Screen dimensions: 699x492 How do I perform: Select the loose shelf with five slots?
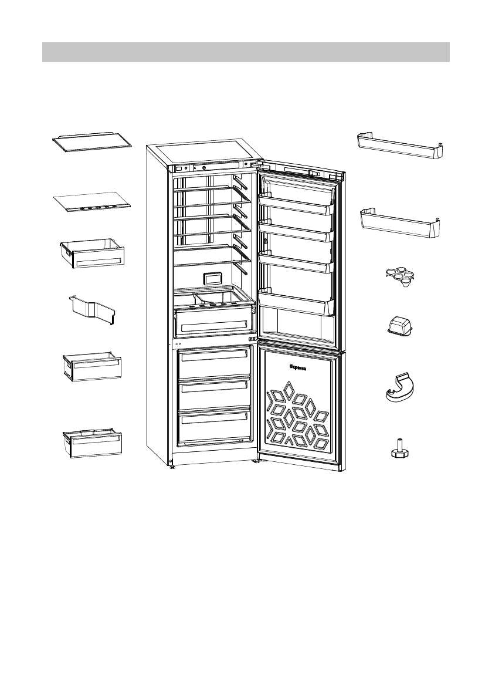(91, 202)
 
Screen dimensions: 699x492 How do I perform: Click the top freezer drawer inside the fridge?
(214, 363)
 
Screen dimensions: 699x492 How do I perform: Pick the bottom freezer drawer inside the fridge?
(214, 425)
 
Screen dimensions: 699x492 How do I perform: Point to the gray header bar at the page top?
(246, 52)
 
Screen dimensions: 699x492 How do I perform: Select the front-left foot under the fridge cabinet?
(172, 467)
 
